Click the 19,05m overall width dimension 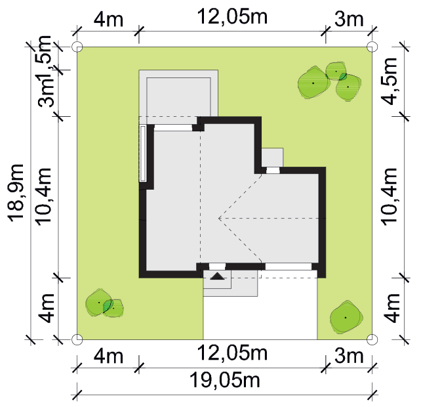225,380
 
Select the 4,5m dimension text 389,81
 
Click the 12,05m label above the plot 232,16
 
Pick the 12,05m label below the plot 232,353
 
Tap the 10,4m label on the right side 389,196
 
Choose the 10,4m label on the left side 43,196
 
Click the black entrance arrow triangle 217,276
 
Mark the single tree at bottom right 346,318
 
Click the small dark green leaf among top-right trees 342,77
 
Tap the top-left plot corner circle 77,47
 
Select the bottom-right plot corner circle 372,339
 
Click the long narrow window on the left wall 143,153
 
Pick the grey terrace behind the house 178,93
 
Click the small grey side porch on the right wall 272,158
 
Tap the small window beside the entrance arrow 217,267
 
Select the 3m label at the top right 349,19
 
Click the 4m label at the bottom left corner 108,356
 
